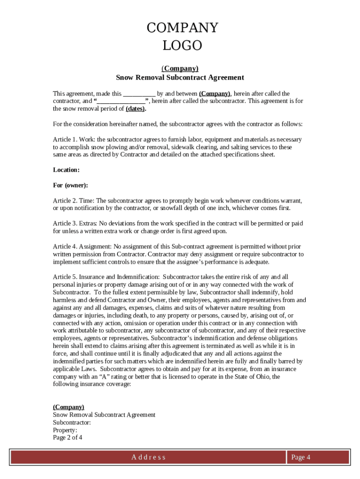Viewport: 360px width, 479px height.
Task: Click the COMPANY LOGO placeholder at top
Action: pyautogui.click(x=182, y=36)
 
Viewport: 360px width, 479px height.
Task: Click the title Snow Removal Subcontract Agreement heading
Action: pyautogui.click(x=180, y=78)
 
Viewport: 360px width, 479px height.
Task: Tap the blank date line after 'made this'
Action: pyautogui.click(x=139, y=94)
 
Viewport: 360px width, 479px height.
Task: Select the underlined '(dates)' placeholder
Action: pyautogui.click(x=136, y=109)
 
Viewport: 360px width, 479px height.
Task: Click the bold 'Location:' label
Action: pyautogui.click(x=66, y=170)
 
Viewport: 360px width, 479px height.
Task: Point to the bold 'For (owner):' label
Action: pyautogui.click(x=71, y=185)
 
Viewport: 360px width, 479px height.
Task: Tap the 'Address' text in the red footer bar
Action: pyautogui.click(x=148, y=457)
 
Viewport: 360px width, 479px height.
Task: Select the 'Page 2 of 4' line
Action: pyautogui.click(x=68, y=437)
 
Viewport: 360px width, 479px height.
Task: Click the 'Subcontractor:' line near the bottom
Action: pyautogui.click(x=72, y=422)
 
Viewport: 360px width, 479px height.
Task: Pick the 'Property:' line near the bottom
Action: pyautogui.click(x=65, y=430)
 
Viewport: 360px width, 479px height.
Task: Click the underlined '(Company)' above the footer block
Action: pyautogui.click(x=69, y=407)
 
